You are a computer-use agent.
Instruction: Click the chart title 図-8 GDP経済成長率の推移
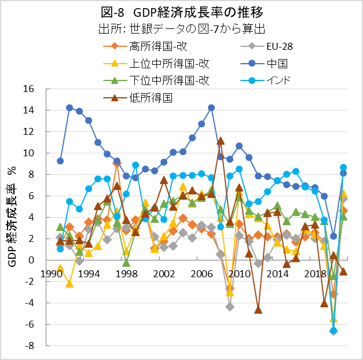182,12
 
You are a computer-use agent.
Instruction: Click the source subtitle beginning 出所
182,28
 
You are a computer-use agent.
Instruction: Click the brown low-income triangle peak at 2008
221,141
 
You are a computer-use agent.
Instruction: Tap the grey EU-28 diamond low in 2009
230,306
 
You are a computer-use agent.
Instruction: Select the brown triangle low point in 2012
258,310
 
